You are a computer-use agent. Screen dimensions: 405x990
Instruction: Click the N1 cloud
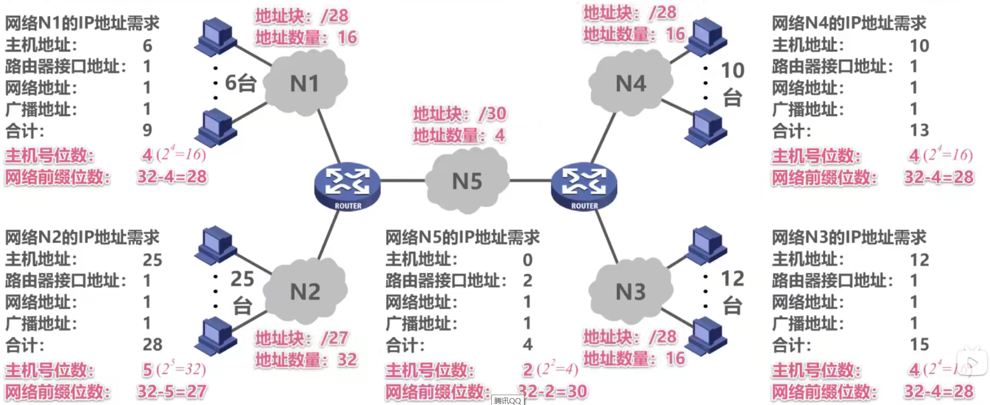[305, 83]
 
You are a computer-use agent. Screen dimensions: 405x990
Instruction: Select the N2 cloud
[305, 291]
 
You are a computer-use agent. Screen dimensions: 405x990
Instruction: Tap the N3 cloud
[631, 291]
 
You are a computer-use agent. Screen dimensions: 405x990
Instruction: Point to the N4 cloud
[631, 83]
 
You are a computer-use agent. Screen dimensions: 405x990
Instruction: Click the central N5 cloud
[467, 181]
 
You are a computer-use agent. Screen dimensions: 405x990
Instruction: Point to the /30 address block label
[460, 114]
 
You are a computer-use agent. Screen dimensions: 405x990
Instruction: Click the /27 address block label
[301, 338]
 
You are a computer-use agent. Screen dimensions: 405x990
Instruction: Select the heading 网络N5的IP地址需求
[462, 238]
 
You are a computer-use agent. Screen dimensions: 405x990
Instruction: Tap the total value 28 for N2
[152, 344]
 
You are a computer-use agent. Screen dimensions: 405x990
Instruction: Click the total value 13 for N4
[919, 130]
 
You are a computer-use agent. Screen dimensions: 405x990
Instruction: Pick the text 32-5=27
[172, 392]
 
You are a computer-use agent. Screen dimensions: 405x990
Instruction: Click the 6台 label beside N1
[240, 83]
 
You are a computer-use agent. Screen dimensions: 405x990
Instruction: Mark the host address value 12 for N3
[919, 260]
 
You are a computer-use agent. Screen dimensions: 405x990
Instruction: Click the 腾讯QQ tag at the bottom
[508, 401]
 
